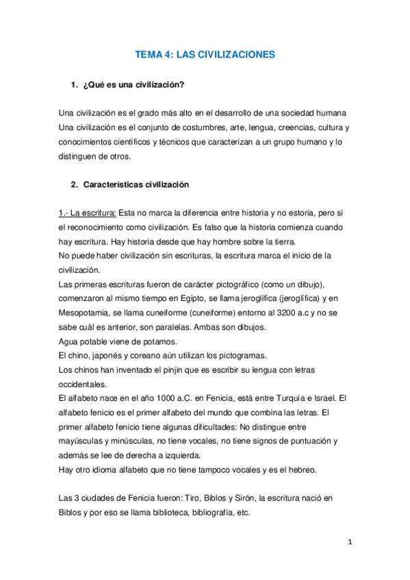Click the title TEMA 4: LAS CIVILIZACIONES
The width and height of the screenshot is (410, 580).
click(205, 55)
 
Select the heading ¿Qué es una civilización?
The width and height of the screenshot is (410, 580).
click(133, 85)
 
